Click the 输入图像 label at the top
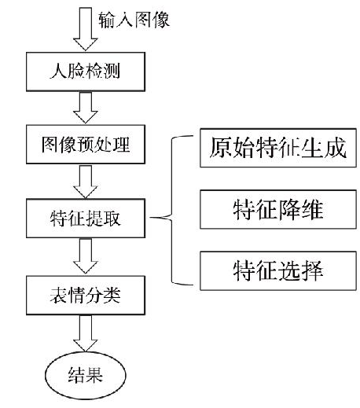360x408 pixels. click(134, 20)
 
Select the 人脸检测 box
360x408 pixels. click(86, 72)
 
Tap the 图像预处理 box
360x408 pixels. click(86, 145)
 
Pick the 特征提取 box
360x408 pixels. click(86, 219)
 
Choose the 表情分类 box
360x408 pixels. click(86, 295)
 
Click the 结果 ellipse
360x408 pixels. click(86, 375)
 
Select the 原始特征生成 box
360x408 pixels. click(278, 148)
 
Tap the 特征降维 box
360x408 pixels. click(278, 209)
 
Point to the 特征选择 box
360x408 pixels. click(278, 270)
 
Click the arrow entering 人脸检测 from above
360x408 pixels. click(86, 29)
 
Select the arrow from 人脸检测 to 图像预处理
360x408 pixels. click(86, 108)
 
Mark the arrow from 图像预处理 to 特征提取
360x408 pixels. click(86, 181)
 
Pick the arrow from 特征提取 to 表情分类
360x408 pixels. click(86, 256)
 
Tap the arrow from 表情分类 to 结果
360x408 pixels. click(86, 333)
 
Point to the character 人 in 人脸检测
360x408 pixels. click(58, 71)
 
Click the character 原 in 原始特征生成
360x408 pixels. click(220, 148)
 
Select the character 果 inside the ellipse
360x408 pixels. click(94, 375)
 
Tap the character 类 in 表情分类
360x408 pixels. click(112, 296)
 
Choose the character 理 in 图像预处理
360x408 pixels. click(121, 145)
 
